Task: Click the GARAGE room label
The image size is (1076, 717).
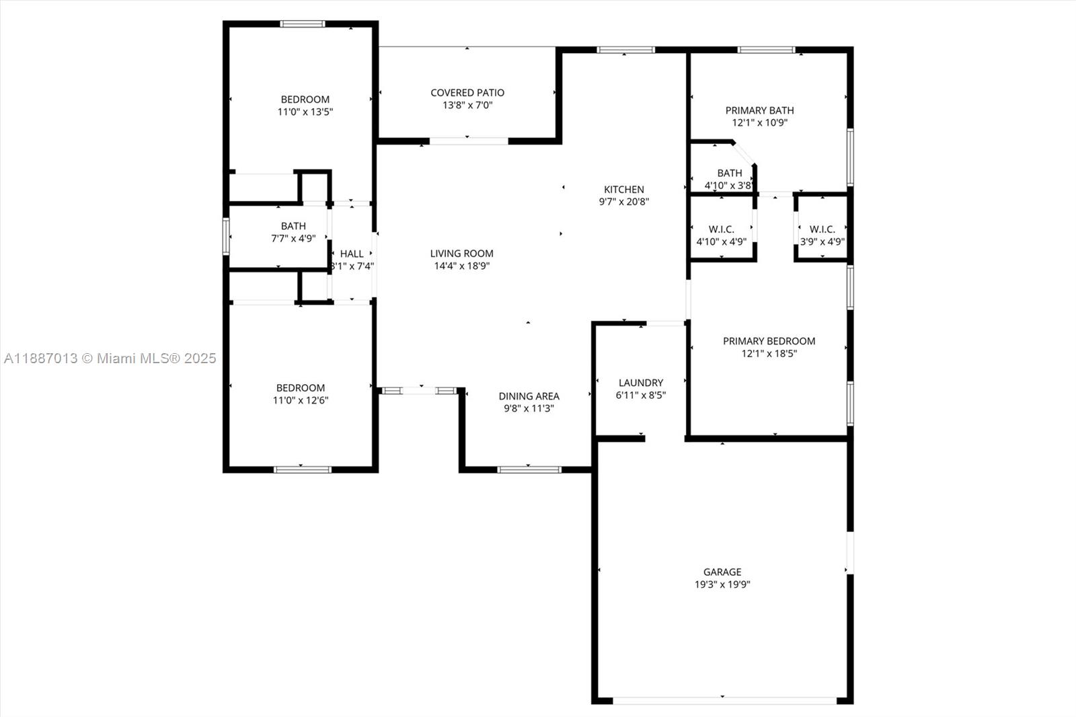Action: tap(722, 572)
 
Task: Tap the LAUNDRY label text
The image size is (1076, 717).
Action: tap(640, 382)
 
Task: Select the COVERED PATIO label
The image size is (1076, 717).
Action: tap(467, 93)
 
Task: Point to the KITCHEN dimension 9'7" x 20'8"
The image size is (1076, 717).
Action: tap(623, 201)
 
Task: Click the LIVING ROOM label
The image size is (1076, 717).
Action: tap(461, 254)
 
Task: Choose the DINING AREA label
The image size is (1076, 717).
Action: tap(529, 396)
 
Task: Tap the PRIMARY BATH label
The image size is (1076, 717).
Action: tap(759, 110)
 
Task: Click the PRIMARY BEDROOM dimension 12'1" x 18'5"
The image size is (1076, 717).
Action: tap(769, 353)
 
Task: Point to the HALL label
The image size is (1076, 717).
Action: tap(352, 254)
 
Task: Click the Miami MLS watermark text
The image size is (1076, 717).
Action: tap(110, 358)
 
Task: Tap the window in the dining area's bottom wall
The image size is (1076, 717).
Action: tap(529, 469)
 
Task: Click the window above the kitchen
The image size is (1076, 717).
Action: tap(625, 50)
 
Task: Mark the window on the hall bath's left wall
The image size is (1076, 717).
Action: tap(227, 236)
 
